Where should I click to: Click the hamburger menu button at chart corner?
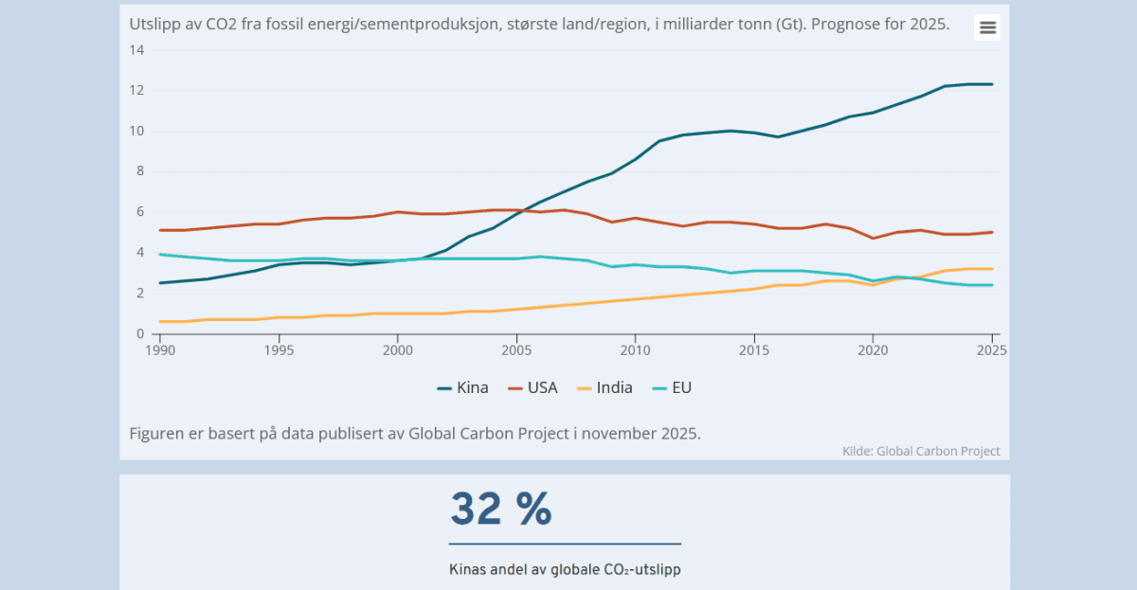(x=987, y=27)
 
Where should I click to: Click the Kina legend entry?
(x=463, y=387)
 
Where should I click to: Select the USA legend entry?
(x=532, y=387)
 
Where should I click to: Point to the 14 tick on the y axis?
(x=136, y=50)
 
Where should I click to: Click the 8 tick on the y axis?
(x=139, y=171)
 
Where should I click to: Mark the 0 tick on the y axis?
(x=139, y=333)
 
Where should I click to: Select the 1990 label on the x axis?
(x=160, y=349)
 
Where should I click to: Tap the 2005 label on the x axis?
(x=516, y=349)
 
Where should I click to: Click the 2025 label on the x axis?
(x=991, y=349)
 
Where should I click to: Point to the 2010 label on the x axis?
(x=635, y=349)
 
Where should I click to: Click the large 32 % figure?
(x=500, y=510)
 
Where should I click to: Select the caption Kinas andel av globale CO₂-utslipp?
(x=565, y=570)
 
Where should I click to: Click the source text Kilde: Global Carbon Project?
(x=920, y=452)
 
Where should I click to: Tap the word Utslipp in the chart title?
(x=152, y=24)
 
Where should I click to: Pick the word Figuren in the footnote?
(x=157, y=434)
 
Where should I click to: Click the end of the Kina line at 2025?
(x=992, y=84)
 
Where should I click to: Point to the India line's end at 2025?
(x=992, y=269)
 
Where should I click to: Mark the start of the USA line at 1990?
(x=160, y=230)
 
